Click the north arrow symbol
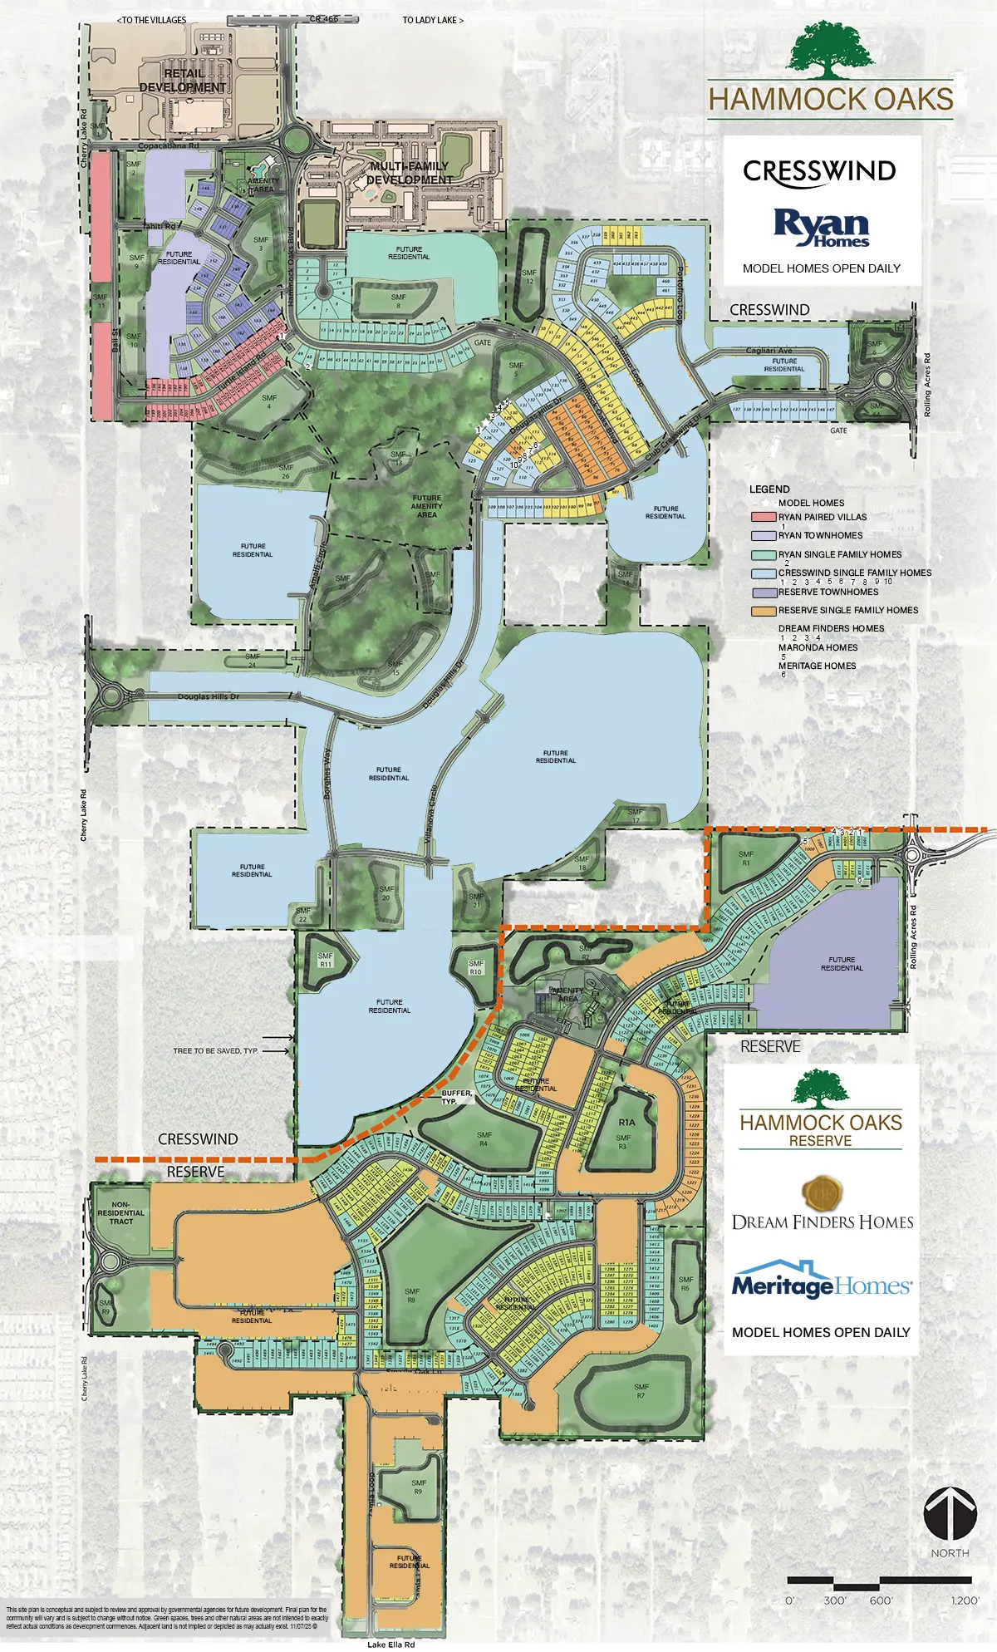[950, 1513]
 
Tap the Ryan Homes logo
[821, 227]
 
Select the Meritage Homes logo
[821, 1284]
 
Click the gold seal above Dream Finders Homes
[822, 1194]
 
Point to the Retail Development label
[183, 81]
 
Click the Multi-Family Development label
[410, 173]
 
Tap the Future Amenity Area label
[426, 506]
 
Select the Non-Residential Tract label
[121, 1212]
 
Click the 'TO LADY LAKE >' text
[433, 20]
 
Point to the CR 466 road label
[324, 19]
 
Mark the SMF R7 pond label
[641, 1391]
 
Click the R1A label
[626, 1122]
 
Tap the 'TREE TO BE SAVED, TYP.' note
[216, 1051]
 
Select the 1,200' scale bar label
[965, 1600]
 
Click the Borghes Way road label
[327, 773]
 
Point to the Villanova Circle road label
[430, 814]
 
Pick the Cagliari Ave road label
[769, 351]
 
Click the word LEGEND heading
[769, 489]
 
